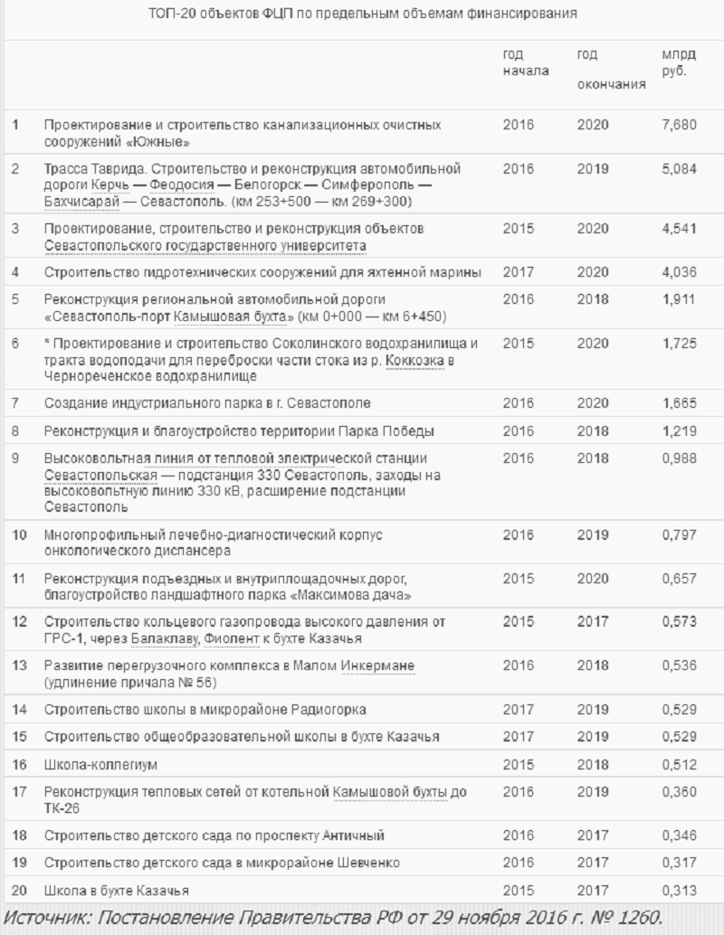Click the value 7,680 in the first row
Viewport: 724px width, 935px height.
(679, 125)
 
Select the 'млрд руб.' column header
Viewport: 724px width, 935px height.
(679, 62)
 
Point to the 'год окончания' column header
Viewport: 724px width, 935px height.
(611, 70)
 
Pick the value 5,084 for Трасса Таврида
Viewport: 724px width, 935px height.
(679, 169)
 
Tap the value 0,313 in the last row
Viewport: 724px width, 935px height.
(679, 891)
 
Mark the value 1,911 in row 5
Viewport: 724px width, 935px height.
(679, 298)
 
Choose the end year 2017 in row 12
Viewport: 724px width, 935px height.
(593, 623)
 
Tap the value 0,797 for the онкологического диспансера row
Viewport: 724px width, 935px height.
(679, 534)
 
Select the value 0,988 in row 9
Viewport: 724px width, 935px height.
(679, 459)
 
